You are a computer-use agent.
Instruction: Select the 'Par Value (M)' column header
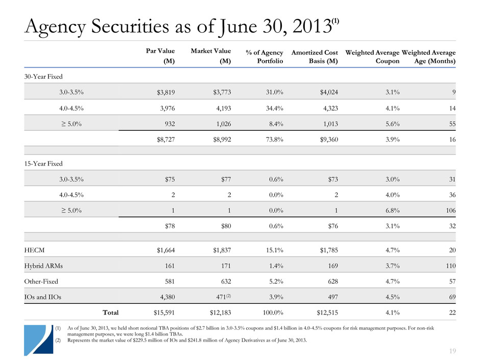coord(160,56)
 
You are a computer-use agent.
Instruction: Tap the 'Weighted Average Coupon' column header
coord(372,56)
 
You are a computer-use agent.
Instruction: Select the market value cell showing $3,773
coord(220,92)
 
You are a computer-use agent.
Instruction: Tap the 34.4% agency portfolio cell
coord(271,109)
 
